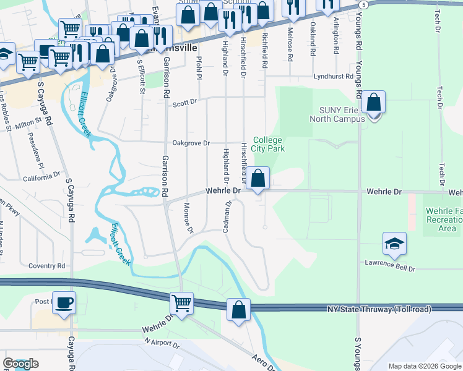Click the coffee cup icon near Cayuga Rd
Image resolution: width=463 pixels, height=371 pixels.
pos(64,303)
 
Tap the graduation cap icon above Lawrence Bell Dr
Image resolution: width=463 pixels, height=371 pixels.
pos(394,244)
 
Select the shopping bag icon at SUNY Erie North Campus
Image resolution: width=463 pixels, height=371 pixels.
pos(374,102)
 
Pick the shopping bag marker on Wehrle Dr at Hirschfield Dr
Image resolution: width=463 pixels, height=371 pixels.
pos(259,178)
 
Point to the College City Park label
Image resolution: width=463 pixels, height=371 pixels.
pos(268,144)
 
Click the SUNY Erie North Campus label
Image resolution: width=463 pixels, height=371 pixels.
pos(342,114)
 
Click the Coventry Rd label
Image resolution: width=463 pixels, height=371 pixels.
pos(46,266)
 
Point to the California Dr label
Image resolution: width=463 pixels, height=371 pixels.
pos(41,177)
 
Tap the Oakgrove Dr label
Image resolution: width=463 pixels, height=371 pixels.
pos(191,142)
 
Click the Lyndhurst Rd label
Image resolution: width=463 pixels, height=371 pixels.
pos(333,77)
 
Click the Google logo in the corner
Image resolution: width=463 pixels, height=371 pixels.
pos(20,364)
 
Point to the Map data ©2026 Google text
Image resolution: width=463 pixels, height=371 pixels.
pos(425,366)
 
